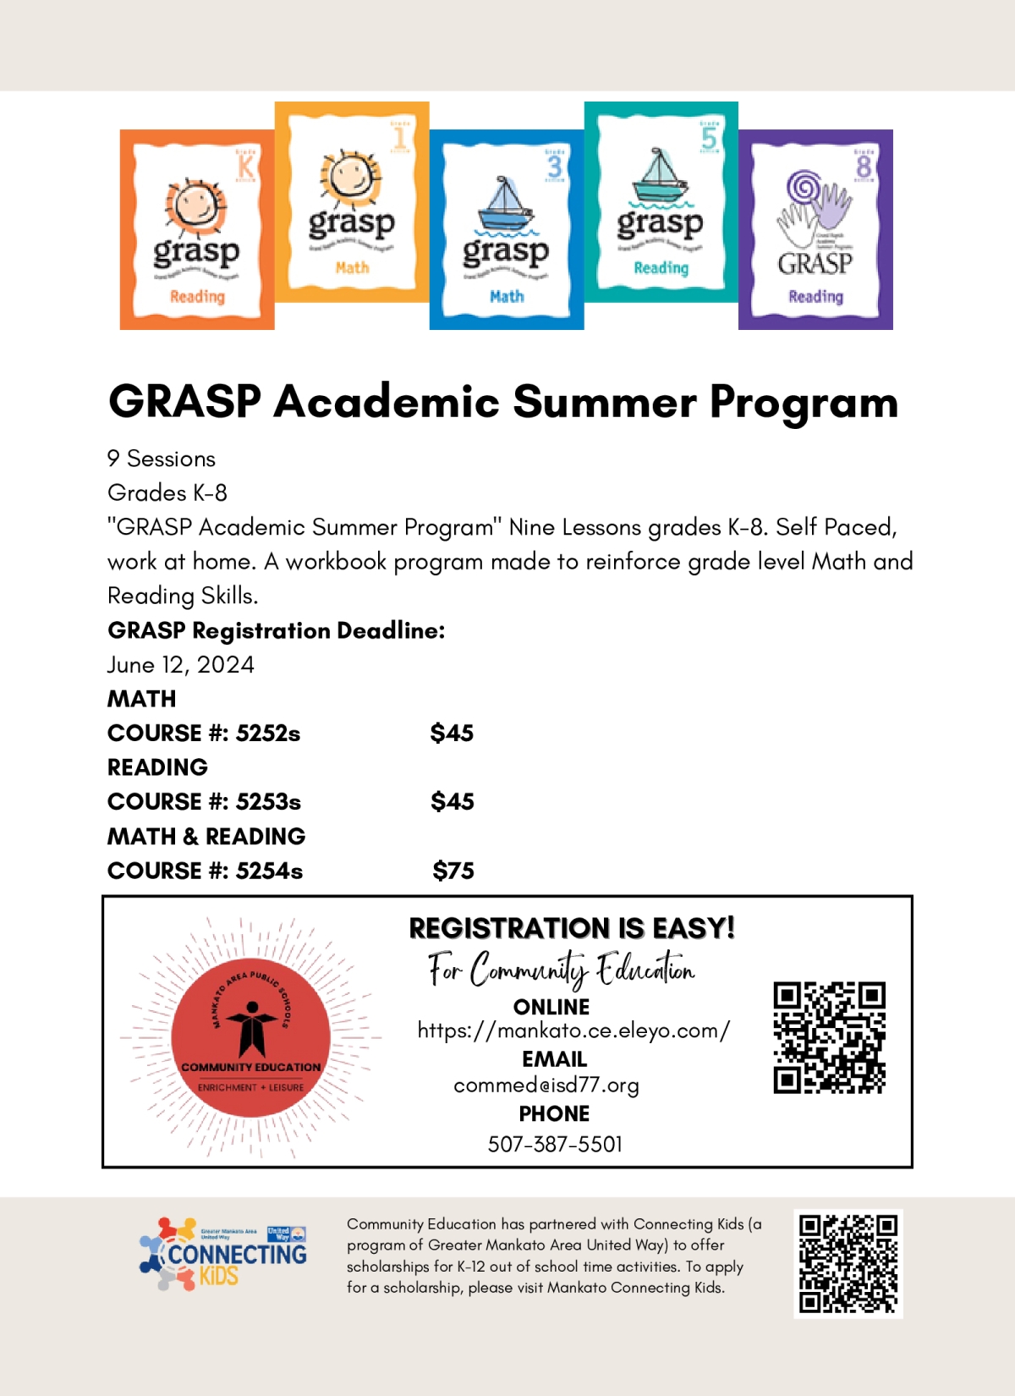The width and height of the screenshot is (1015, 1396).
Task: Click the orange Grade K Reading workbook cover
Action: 196,230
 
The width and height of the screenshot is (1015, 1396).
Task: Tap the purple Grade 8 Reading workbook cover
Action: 815,230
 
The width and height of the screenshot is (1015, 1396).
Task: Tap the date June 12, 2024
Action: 180,665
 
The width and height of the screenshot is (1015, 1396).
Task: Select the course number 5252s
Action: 268,734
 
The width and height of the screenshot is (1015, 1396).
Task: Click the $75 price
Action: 453,871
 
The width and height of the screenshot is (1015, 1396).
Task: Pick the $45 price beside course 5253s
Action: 453,802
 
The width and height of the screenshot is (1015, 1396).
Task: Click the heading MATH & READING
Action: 206,837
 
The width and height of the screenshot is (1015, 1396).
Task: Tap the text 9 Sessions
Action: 162,459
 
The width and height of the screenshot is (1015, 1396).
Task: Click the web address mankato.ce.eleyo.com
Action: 573,1031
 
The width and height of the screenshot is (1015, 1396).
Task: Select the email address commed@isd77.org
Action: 546,1085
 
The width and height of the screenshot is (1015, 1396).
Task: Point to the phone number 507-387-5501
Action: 555,1145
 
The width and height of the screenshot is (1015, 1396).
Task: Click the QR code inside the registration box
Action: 829,1037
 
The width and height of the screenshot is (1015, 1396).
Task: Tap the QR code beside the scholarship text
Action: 848,1263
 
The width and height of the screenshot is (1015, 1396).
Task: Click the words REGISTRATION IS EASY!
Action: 572,928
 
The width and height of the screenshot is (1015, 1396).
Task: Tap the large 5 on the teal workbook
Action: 709,138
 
